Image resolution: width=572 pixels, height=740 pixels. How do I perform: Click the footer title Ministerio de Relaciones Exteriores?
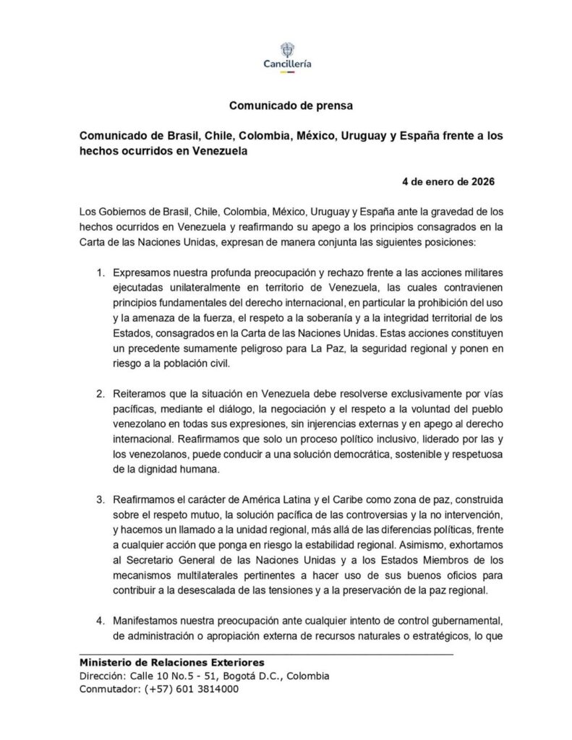(171, 662)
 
